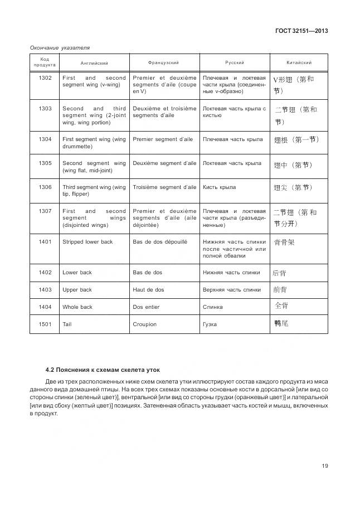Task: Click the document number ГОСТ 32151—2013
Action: (301, 31)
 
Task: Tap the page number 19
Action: (324, 467)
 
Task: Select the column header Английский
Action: (94, 62)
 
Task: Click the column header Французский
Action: (164, 62)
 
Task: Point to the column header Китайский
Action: (299, 62)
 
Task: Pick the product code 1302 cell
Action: (45, 78)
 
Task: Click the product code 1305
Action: (45, 163)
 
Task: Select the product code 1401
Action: (45, 241)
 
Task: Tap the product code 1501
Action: (45, 324)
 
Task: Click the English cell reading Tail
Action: (67, 324)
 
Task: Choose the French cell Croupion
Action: (144, 324)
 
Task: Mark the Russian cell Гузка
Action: (210, 324)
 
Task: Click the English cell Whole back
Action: (77, 307)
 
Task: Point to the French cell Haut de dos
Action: (148, 289)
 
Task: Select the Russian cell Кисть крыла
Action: (220, 187)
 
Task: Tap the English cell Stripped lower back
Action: (87, 241)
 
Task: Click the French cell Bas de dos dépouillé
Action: (160, 241)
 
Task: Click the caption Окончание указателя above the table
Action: (60, 47)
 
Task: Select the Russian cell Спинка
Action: (213, 307)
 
